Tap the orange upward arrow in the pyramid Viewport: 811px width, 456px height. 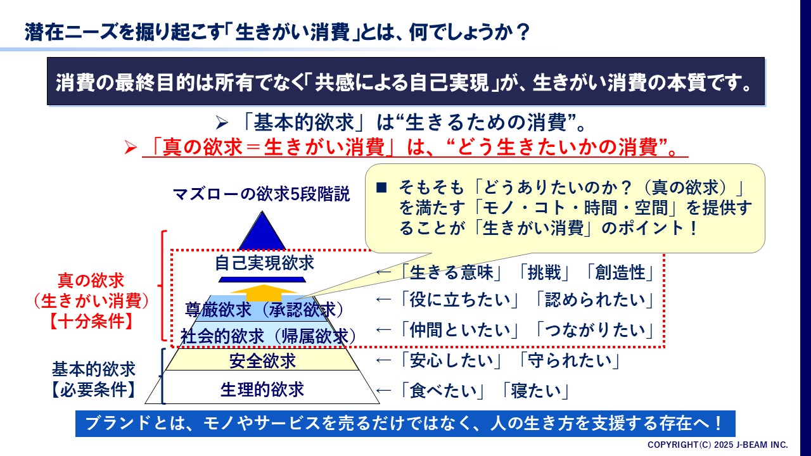point(264,293)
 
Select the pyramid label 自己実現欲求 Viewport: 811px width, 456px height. point(264,263)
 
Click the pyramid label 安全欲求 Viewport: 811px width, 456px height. point(262,360)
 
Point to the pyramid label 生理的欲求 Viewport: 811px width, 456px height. point(262,389)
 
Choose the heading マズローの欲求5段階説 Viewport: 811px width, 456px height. point(262,194)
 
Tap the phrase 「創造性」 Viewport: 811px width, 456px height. point(620,272)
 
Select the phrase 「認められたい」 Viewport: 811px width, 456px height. point(594,300)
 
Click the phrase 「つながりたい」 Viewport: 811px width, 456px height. point(594,330)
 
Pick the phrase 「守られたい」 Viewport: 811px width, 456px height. point(570,360)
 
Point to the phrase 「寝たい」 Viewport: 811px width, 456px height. point(536,391)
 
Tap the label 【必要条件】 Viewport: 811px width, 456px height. point(93,390)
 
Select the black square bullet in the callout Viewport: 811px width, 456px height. point(381,187)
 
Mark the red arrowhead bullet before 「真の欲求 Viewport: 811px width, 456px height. point(131,148)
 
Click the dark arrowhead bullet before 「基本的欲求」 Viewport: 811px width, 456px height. point(222,123)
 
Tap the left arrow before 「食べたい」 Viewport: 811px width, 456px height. point(384,391)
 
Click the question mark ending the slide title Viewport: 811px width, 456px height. point(523,32)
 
